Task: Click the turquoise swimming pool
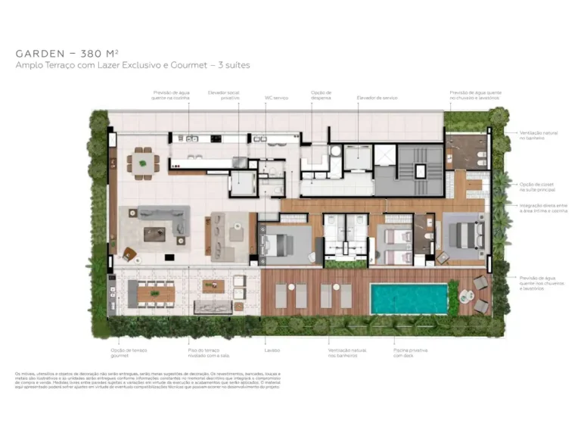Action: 409,298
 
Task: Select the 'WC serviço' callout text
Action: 276,98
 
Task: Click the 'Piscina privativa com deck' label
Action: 409,353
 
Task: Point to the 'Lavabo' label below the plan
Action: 272,350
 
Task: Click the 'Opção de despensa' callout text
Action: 321,95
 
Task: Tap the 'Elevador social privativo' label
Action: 225,95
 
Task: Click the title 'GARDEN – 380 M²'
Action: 66,54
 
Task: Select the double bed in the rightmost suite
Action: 464,233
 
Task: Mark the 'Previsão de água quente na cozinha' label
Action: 171,95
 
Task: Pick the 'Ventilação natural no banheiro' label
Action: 538,135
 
